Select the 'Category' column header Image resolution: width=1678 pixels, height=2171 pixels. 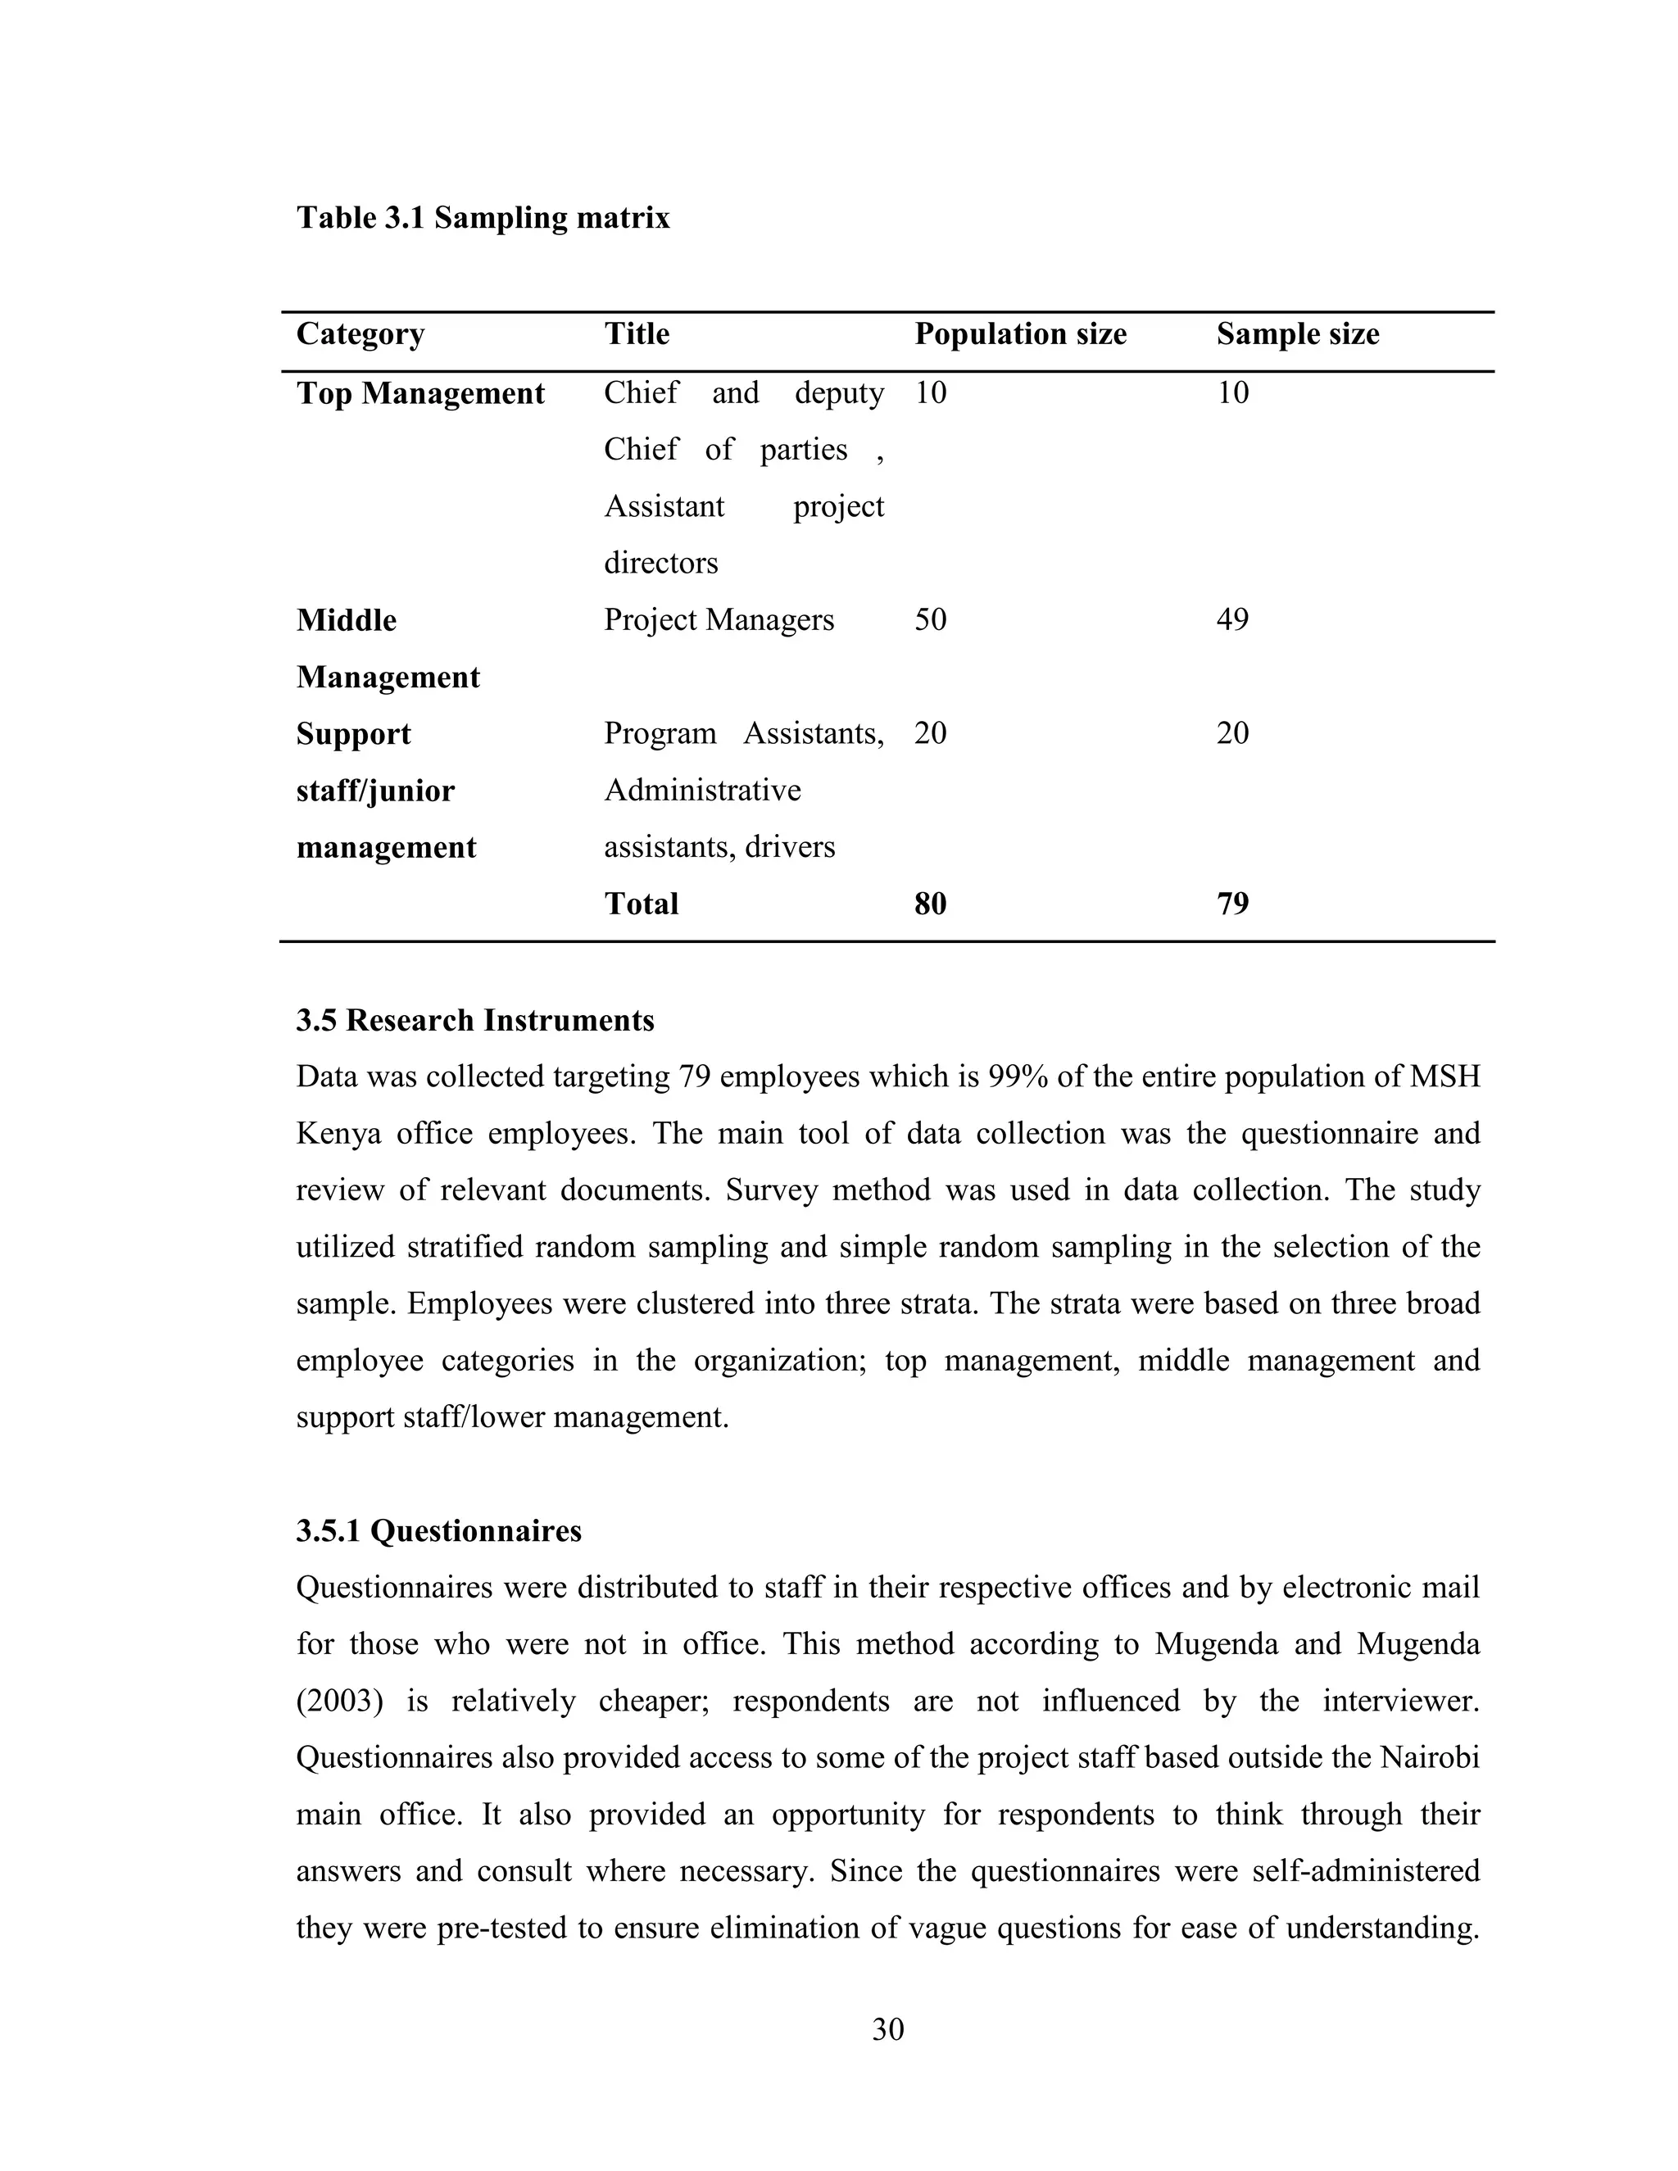tap(360, 334)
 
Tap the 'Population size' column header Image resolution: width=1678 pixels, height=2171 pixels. tap(1020, 334)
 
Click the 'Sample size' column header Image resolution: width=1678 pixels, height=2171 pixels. tap(1297, 334)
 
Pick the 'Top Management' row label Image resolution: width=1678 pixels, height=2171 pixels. tap(419, 393)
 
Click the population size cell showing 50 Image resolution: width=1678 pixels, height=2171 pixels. tap(931, 620)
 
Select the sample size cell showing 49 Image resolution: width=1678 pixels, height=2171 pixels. tap(1231, 620)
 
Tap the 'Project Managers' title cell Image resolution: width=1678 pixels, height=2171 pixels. tap(719, 620)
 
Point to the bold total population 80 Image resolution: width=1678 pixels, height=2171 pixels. tap(931, 904)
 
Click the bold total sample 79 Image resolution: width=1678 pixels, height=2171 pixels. tap(1231, 904)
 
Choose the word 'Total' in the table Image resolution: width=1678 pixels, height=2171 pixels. tap(642, 904)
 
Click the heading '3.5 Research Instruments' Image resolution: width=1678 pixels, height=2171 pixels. tap(475, 1021)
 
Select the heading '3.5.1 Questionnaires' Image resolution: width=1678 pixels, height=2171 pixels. tap(438, 1531)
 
